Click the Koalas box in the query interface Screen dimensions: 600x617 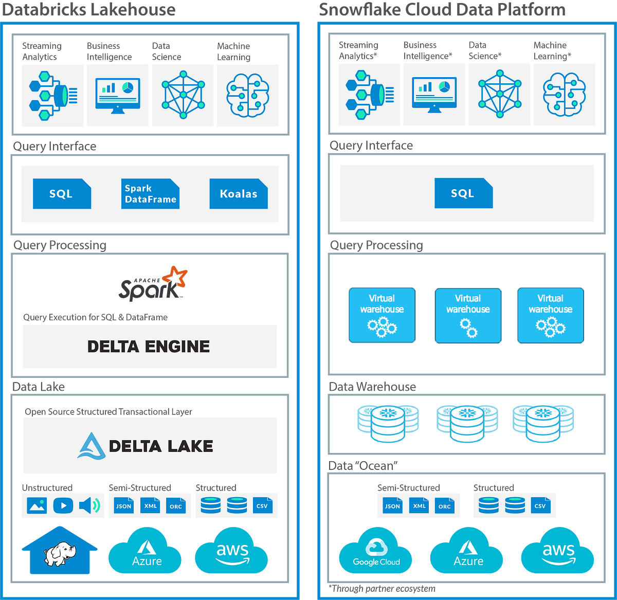point(239,194)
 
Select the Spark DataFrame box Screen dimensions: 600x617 point(150,194)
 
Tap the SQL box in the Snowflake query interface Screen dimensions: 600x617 point(463,193)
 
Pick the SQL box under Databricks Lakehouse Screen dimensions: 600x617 point(62,194)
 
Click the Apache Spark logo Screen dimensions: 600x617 point(153,284)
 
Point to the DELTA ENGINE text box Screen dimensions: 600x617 point(149,347)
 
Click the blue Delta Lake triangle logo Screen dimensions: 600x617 point(92,446)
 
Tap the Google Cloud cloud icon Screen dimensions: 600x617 point(376,552)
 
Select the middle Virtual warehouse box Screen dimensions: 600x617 point(468,315)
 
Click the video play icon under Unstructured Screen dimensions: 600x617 point(63,505)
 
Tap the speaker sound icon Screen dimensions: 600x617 point(89,505)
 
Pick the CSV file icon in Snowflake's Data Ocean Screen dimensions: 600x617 point(540,506)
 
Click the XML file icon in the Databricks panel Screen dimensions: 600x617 point(151,506)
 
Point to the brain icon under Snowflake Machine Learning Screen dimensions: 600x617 point(564,95)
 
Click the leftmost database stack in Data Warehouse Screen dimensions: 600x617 point(388,424)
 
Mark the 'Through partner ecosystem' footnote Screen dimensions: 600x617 point(383,589)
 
